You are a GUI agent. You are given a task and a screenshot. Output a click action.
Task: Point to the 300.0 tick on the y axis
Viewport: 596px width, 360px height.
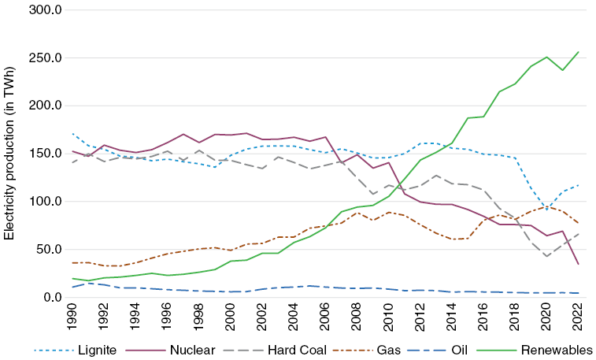coord(46,9)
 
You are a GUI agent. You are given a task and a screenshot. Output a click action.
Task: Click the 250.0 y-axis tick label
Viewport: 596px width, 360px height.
coord(46,58)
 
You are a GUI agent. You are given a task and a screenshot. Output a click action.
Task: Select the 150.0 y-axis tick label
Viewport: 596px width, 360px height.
coord(46,154)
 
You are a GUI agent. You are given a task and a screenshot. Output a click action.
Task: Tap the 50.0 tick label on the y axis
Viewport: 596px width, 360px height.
coord(49,249)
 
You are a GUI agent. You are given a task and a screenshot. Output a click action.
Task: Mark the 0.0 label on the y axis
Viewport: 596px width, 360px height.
coord(52,297)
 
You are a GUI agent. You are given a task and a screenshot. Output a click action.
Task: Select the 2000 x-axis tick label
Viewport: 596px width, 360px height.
coord(231,317)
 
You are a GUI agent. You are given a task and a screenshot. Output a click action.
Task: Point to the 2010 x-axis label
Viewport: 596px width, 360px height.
coord(388,317)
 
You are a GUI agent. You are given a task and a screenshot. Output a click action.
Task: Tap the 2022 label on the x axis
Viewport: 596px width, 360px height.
coord(577,317)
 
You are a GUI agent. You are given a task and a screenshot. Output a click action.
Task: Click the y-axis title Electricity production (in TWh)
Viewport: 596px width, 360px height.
coord(10,154)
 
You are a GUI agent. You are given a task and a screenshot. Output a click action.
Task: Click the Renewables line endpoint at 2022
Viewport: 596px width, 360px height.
coord(577,52)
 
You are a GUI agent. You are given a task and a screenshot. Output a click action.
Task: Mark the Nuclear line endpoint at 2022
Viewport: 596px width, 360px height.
coord(577,264)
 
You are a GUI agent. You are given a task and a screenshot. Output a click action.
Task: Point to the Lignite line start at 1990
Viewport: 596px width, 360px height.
coord(73,134)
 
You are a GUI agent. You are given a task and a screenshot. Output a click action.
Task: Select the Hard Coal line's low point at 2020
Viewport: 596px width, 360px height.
coord(546,256)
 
